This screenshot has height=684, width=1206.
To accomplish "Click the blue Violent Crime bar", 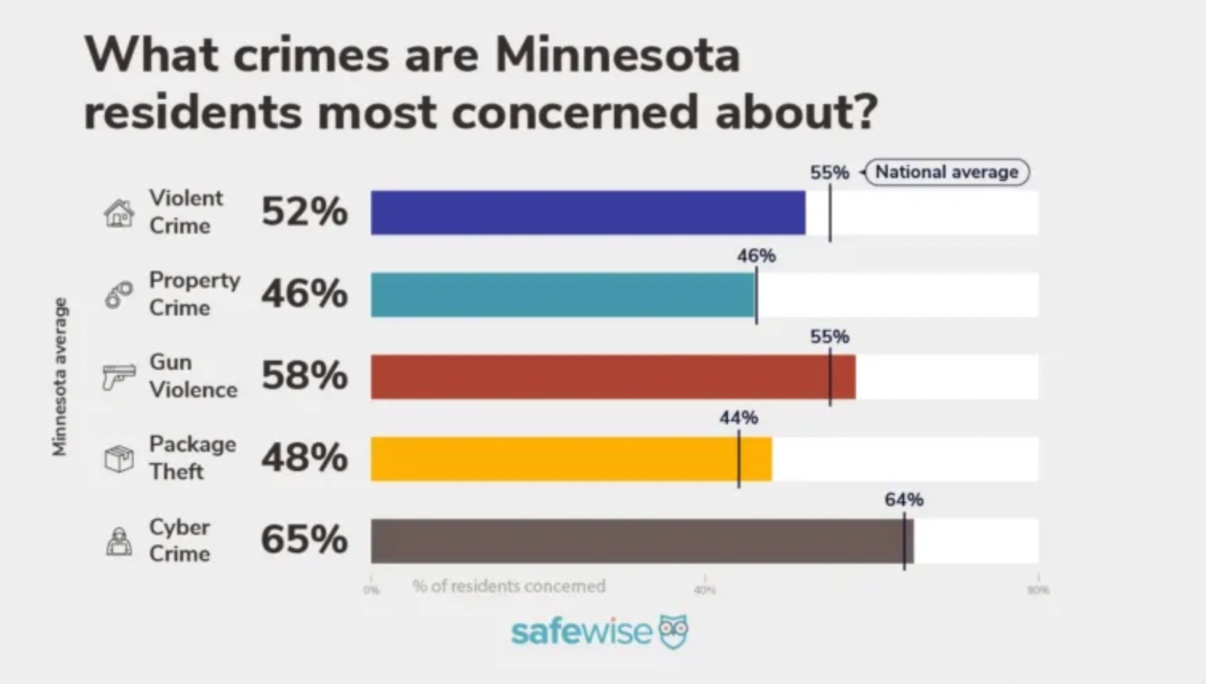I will coord(588,212).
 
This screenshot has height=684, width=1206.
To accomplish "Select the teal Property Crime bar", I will coord(563,295).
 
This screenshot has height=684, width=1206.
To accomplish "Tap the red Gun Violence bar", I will coord(613,376).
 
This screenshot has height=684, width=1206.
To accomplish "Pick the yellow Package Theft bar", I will coord(571,459).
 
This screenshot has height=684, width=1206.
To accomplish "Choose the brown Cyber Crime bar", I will coord(641,541).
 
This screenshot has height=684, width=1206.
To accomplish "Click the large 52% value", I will coord(304,212).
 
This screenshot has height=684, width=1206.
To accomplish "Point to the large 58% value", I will coord(304,375).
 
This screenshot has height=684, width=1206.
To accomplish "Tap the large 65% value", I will coord(304,539).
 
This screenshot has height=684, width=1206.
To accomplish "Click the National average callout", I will coord(947,172).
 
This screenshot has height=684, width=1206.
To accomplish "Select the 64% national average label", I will coord(904,500).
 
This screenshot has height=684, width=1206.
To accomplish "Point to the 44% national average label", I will coord(738,418).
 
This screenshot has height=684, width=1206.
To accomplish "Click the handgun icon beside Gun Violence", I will coord(119,376).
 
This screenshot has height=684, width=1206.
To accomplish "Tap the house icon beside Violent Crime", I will coord(119,213).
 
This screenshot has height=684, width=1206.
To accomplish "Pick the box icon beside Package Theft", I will coord(119,459).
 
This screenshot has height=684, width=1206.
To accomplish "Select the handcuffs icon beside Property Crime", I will coord(119,295).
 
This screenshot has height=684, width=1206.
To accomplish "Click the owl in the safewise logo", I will coord(673,632).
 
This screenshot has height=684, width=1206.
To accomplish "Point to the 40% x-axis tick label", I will coord(705,590).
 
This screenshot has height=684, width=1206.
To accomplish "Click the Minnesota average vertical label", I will coord(59,376).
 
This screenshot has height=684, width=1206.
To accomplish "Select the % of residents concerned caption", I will coord(509,586).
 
